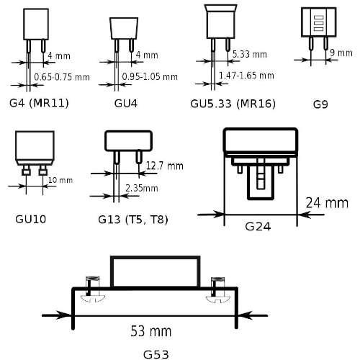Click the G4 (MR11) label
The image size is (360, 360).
[39, 103]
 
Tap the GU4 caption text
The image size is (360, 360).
[126, 104]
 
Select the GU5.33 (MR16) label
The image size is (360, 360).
[233, 104]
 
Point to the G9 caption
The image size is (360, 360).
[320, 104]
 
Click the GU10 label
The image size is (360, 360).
[30, 219]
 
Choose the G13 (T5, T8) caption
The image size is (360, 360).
[133, 220]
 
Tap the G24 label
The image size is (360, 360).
[258, 227]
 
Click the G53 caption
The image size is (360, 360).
[156, 354]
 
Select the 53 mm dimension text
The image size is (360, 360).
[151, 331]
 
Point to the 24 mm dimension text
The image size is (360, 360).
[327, 203]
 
